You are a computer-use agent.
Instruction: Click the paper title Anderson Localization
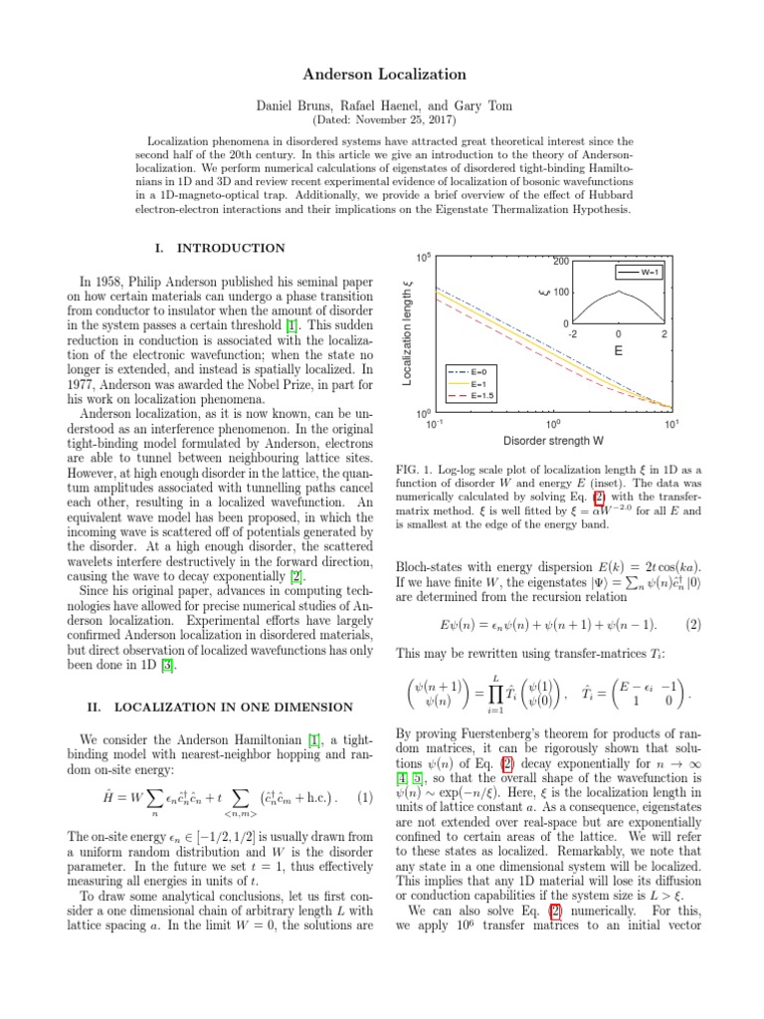(381, 74)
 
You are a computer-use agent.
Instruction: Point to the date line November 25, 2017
(381, 119)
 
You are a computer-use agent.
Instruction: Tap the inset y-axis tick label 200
(560, 262)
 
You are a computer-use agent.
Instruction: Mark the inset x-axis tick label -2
(572, 334)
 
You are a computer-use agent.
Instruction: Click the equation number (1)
(364, 769)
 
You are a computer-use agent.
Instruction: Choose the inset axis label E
(618, 350)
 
